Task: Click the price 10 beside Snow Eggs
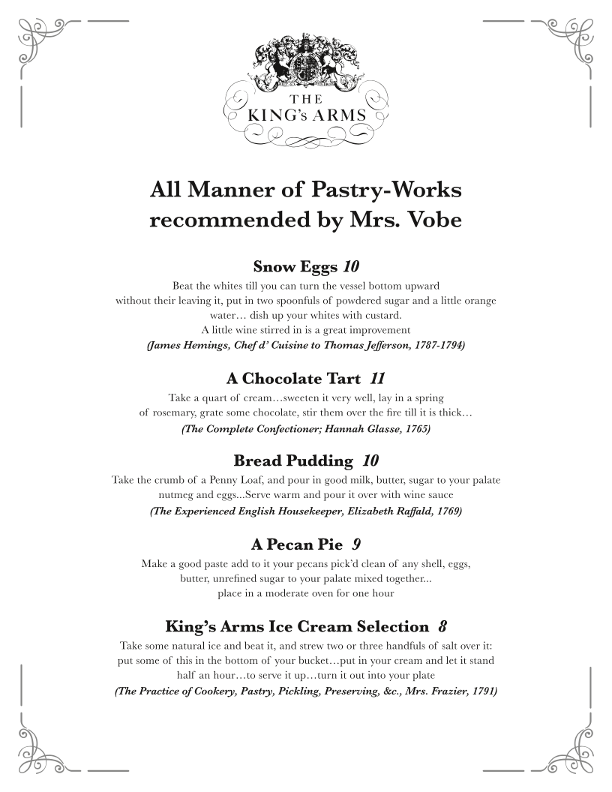point(352,266)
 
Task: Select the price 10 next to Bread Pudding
point(370,460)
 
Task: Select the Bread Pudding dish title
point(293,460)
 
